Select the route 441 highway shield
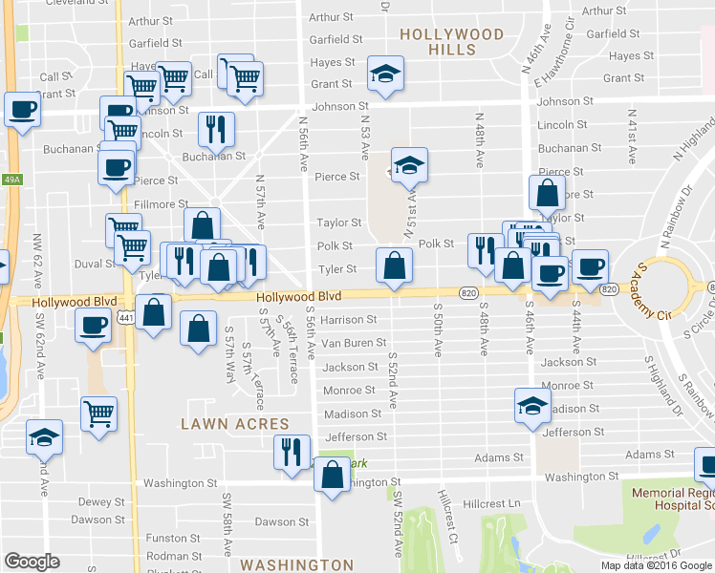tap(125, 316)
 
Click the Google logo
tap(32, 561)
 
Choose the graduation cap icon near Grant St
tap(386, 74)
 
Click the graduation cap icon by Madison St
tap(532, 405)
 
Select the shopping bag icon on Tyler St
tap(394, 265)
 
